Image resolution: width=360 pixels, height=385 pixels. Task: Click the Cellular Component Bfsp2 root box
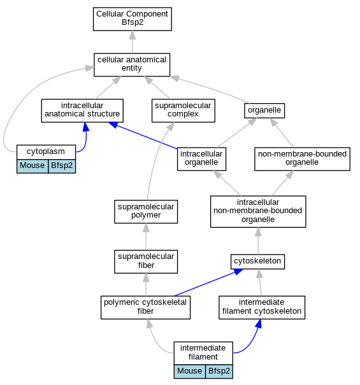click(133, 19)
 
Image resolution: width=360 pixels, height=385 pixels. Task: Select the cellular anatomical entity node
click(132, 64)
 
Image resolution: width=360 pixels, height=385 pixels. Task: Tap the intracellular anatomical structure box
click(82, 111)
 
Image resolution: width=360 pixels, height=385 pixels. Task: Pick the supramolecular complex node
click(184, 111)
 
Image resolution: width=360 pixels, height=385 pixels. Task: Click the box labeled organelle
click(264, 111)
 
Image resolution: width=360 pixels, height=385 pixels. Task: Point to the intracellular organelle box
click(201, 159)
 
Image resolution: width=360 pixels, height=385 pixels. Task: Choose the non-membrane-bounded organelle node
click(302, 159)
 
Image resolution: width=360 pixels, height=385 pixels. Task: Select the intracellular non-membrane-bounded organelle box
click(258, 211)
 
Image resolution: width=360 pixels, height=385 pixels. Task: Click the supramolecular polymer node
click(146, 211)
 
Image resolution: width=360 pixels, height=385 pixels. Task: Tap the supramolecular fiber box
click(146, 262)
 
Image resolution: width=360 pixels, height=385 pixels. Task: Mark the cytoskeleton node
click(257, 262)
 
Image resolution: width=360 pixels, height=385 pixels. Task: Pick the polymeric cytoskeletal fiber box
click(145, 307)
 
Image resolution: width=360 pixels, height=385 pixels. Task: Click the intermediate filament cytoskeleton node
click(262, 307)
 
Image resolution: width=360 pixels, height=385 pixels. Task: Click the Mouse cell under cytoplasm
click(32, 166)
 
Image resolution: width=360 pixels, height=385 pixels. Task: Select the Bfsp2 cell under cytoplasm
click(62, 166)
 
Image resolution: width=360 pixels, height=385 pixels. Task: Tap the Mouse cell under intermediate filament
click(190, 371)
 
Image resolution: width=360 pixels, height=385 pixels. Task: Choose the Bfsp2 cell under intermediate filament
click(219, 371)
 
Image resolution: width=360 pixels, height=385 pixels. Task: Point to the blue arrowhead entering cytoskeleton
click(238, 272)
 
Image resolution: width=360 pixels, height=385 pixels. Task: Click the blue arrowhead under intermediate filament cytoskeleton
click(259, 324)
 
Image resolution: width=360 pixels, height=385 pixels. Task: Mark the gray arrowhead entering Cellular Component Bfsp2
click(133, 35)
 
